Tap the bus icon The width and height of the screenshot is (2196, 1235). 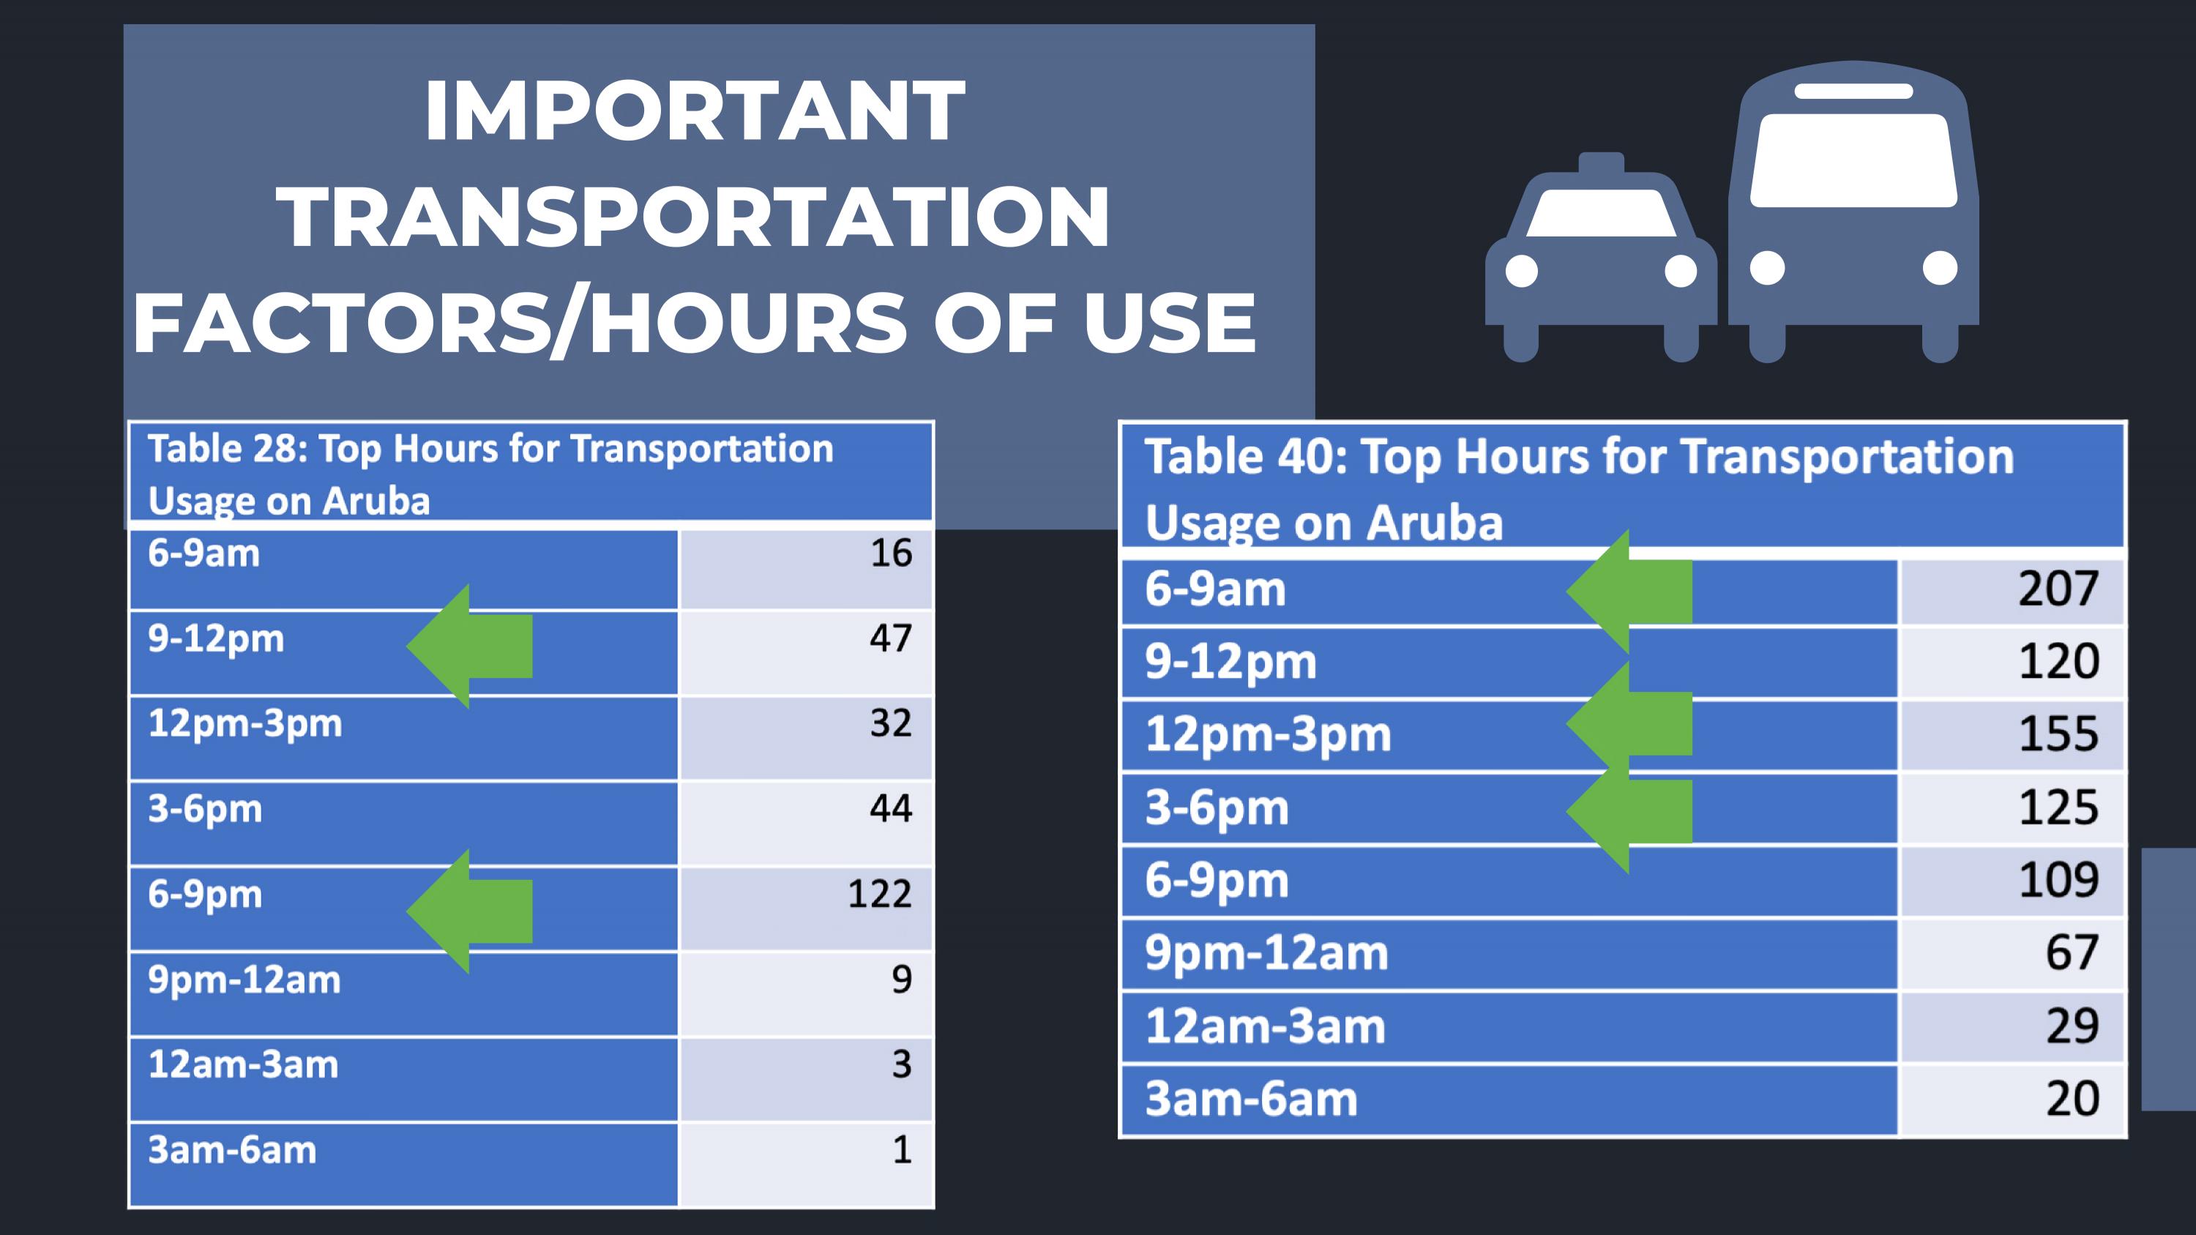(1853, 212)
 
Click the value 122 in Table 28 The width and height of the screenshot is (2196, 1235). (880, 894)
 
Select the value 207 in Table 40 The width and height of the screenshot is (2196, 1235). (2058, 589)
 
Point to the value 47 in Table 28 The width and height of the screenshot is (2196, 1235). (891, 638)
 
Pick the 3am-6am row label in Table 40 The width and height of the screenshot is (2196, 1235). (1250, 1099)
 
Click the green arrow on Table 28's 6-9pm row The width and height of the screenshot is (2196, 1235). (470, 911)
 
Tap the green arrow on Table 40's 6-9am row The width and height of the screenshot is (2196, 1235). (1629, 592)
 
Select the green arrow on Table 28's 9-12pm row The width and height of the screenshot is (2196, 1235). (470, 646)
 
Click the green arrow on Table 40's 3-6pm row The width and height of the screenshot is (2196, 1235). (1629, 811)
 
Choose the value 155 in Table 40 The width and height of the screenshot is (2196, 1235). (2058, 734)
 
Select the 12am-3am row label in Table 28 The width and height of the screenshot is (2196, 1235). (243, 1064)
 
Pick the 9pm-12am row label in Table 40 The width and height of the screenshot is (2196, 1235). (1266, 953)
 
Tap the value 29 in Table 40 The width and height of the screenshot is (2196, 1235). (2072, 1026)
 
